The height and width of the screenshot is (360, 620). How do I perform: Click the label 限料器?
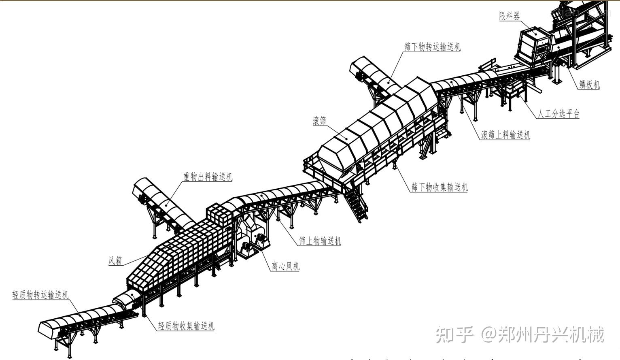pyautogui.click(x=509, y=16)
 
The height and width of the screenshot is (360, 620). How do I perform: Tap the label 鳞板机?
pyautogui.click(x=589, y=85)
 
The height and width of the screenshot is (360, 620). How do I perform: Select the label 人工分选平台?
pyautogui.click(x=558, y=114)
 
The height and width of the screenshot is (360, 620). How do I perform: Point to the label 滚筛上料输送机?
pyautogui.click(x=505, y=135)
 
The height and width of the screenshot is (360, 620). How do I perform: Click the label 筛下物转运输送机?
pyautogui.click(x=432, y=47)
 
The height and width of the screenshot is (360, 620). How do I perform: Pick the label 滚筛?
pyautogui.click(x=319, y=121)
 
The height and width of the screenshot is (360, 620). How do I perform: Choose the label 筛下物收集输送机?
pyautogui.click(x=439, y=187)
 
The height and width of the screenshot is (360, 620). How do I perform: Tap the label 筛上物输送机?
pyautogui.click(x=320, y=241)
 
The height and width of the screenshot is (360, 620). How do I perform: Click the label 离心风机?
pyautogui.click(x=285, y=266)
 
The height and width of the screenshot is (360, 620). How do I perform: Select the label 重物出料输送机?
pyautogui.click(x=208, y=177)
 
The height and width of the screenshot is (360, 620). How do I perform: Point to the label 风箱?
pyautogui.click(x=115, y=260)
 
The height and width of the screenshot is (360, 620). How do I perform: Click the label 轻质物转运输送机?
pyautogui.click(x=40, y=295)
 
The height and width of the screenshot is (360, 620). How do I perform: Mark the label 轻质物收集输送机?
pyautogui.click(x=186, y=326)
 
